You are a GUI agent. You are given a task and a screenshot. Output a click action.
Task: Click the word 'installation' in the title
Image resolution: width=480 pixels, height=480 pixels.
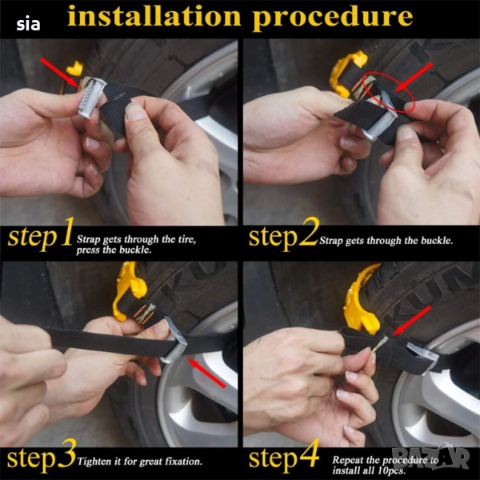(x=154, y=16)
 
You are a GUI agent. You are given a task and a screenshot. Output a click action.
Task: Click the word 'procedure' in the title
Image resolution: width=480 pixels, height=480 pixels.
(x=333, y=18)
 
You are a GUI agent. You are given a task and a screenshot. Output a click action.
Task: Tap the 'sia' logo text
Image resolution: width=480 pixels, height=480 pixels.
(x=28, y=23)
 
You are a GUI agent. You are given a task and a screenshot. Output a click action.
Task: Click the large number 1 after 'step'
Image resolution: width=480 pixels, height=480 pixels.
(x=66, y=232)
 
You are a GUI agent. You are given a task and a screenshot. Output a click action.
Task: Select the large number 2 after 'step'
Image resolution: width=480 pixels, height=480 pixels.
(x=309, y=232)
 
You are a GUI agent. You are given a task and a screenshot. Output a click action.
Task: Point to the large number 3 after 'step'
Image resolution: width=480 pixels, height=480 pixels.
(x=66, y=454)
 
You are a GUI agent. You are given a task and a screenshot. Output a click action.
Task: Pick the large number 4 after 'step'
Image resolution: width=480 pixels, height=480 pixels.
(x=309, y=453)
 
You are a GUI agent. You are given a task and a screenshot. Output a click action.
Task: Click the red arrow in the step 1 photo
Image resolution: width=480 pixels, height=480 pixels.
(x=59, y=73)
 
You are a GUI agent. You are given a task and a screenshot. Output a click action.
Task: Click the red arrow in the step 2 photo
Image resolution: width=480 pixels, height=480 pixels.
(x=414, y=77)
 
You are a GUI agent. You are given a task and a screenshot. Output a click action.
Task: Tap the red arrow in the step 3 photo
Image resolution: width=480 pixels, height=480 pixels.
(x=206, y=373)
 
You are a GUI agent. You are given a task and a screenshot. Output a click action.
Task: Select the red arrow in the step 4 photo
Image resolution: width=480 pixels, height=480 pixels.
(x=412, y=321)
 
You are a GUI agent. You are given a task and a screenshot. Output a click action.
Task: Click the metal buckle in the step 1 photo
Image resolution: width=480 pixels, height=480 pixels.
(x=91, y=97)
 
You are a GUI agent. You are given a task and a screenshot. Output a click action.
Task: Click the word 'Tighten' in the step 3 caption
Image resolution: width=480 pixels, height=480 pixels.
(x=94, y=462)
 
